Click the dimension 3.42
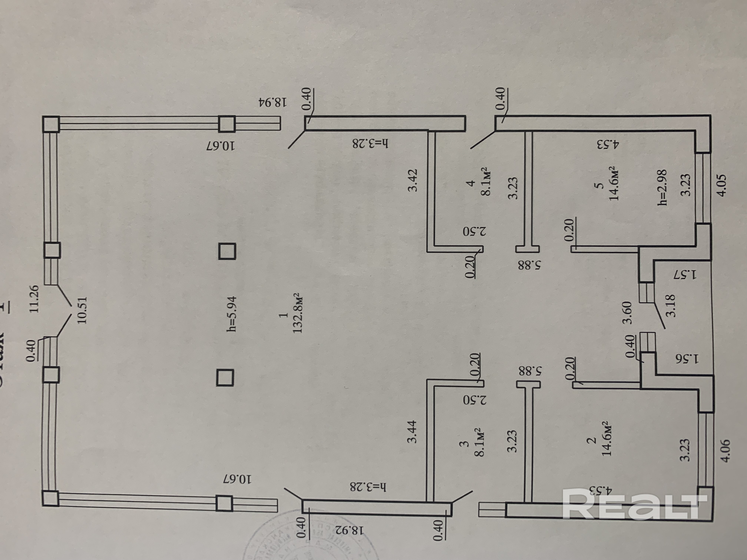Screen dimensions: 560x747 (x=412, y=180)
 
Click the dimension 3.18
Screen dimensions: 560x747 (x=670, y=306)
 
